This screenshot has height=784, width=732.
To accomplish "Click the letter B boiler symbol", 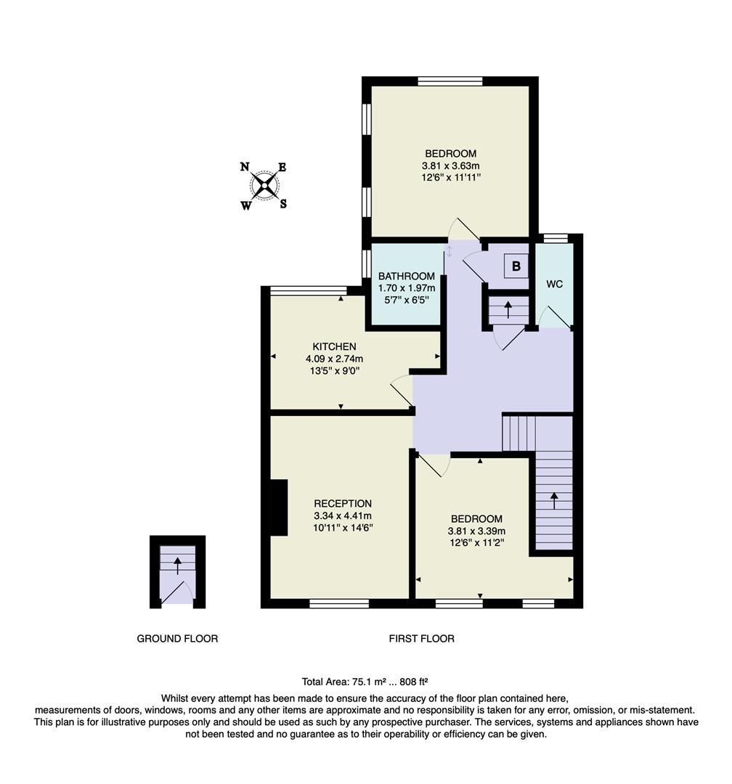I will pos(516,266).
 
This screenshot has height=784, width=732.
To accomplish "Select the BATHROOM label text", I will pos(407,276).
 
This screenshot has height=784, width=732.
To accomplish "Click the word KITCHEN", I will pos(334,346).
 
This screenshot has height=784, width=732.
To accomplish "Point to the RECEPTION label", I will pos(343,504).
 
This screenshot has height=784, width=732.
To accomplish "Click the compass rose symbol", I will pos(264,185).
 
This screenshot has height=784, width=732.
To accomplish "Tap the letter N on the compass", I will pos(245,167).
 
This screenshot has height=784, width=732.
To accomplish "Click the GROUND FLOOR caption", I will pos(177,639).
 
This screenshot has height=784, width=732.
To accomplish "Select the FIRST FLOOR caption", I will pos(421,639).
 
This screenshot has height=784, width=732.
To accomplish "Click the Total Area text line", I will pos(365,682).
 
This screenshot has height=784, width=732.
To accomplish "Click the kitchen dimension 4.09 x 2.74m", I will pos(334,359).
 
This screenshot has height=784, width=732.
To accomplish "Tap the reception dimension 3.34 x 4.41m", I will pos(343,515).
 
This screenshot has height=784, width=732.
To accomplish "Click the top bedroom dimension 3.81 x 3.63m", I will pos(450,166).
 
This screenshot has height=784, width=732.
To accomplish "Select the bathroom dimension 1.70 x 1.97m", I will pos(407,287).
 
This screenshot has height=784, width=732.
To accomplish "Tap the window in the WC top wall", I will pos(556,238).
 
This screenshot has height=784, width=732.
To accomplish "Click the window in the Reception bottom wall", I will pos(338,603).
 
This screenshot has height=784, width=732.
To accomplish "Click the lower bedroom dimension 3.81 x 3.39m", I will pos(476,531).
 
